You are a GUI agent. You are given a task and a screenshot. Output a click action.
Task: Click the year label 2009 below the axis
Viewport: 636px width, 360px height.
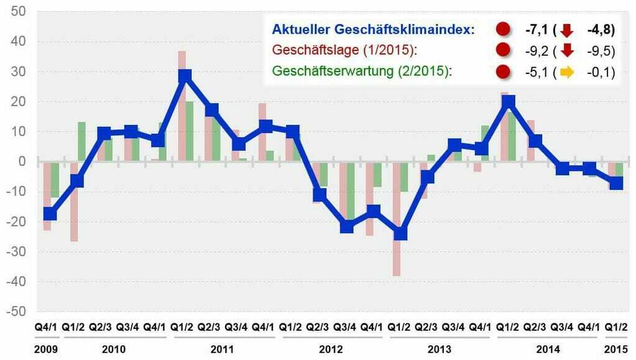(x=47, y=349)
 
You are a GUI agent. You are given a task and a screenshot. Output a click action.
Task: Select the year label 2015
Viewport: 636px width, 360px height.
(x=616, y=349)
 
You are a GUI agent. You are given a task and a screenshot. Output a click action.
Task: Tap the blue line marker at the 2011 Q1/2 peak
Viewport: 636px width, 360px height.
(x=184, y=76)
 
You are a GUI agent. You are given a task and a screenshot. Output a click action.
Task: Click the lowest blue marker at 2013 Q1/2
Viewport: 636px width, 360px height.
(x=400, y=233)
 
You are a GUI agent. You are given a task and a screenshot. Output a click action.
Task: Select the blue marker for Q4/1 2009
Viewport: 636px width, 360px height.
(x=50, y=214)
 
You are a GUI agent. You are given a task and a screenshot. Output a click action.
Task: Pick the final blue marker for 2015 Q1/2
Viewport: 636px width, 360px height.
(x=615, y=183)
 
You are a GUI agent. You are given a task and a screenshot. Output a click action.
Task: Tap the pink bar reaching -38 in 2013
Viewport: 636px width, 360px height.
(x=396, y=249)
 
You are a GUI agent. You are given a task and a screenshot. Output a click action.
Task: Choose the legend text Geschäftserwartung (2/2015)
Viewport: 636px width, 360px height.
(x=361, y=72)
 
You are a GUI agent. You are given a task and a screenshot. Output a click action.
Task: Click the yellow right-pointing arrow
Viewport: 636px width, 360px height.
(x=566, y=72)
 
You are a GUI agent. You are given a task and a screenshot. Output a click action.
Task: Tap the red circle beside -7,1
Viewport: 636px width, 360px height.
(x=504, y=29)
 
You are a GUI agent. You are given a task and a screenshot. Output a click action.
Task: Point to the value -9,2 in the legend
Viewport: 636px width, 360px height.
(x=533, y=50)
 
